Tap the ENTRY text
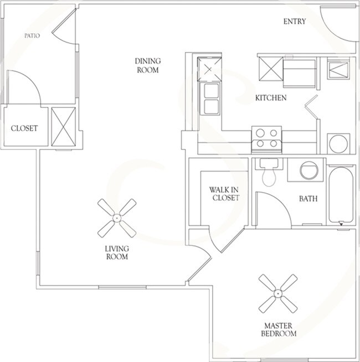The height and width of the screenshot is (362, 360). pos(295,22)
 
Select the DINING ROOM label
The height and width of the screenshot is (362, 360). pos(147,66)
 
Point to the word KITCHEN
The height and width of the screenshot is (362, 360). pos(270,98)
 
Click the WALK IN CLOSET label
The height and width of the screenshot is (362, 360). pos(224,194)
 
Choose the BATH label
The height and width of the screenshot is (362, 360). pos(308,199)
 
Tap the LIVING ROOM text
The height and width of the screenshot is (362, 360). pos(117,252)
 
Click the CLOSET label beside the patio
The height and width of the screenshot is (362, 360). pos(24,128)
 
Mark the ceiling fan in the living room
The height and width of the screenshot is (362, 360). pos(117,218)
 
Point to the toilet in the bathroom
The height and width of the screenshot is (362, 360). pos(269,174)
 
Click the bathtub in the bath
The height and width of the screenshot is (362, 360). pos(339,195)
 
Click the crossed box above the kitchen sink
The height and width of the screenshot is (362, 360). pos(210,70)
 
